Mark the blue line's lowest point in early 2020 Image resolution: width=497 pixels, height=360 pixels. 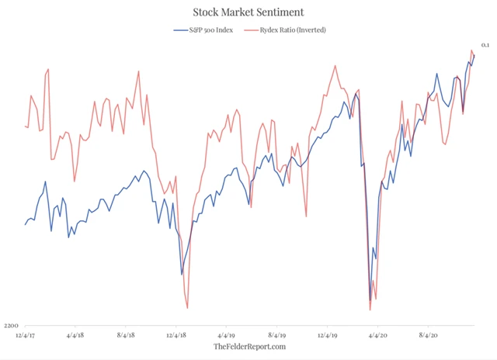pyautogui.click(x=370, y=299)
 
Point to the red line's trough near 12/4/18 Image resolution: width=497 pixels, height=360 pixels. pyautogui.click(x=187, y=308)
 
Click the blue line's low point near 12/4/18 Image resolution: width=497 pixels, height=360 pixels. pyautogui.click(x=182, y=274)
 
